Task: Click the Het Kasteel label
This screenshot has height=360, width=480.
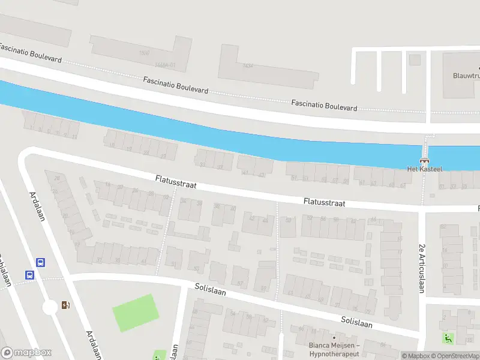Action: pyautogui.click(x=424, y=169)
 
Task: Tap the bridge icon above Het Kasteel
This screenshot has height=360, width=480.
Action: pyautogui.click(x=425, y=160)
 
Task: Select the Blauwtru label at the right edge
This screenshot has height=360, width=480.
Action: pyautogui.click(x=465, y=76)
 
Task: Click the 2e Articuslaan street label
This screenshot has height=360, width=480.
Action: pyautogui.click(x=421, y=268)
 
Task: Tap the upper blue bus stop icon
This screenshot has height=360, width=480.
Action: pyautogui.click(x=41, y=262)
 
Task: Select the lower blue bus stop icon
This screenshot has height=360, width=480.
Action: pyautogui.click(x=29, y=275)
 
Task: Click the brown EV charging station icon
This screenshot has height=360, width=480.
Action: pyautogui.click(x=65, y=305)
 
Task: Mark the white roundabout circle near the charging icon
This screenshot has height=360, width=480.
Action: pyautogui.click(x=49, y=308)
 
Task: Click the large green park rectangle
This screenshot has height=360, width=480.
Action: pyautogui.click(x=136, y=313)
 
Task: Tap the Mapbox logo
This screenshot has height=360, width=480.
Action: pyautogui.click(x=26, y=353)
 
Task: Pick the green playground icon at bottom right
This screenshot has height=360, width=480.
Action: pyautogui.click(x=448, y=338)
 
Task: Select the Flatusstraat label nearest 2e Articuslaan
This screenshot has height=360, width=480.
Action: pyautogui.click(x=324, y=203)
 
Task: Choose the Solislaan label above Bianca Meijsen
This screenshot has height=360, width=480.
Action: pyautogui.click(x=356, y=322)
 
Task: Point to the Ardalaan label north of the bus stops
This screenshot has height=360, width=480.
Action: pyautogui.click(x=38, y=206)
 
